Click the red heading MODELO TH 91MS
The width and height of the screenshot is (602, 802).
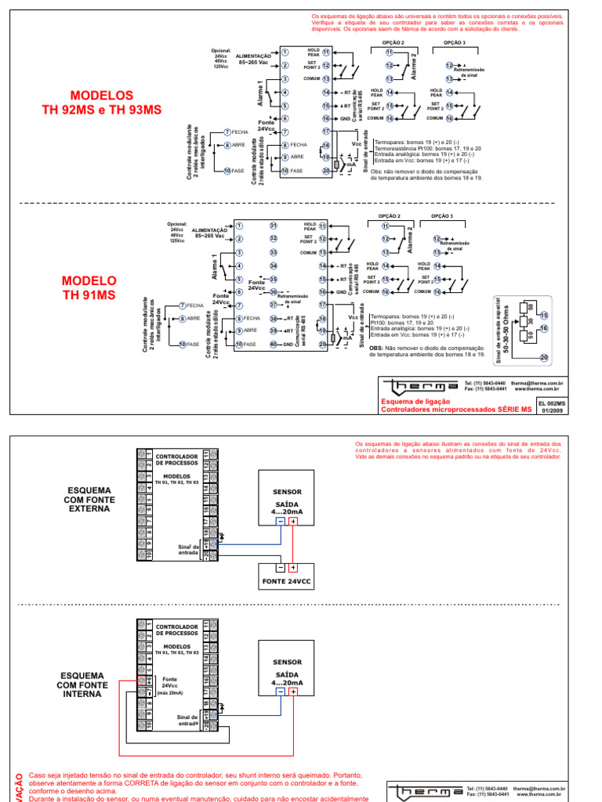(89, 287)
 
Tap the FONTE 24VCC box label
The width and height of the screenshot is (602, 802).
(287, 582)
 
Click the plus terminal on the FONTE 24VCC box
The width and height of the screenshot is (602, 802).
(292, 568)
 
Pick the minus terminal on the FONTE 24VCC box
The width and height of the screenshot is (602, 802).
(279, 568)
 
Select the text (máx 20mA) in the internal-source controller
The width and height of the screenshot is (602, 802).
(169, 693)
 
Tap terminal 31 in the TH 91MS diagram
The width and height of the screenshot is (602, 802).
(274, 226)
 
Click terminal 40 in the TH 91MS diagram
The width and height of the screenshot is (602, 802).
(274, 344)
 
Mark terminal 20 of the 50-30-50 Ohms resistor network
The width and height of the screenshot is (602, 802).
(544, 357)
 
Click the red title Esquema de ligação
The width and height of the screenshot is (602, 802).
(407, 400)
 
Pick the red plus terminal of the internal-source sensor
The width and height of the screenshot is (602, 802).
(293, 692)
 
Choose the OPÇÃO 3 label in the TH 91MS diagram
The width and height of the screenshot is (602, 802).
(442, 215)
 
